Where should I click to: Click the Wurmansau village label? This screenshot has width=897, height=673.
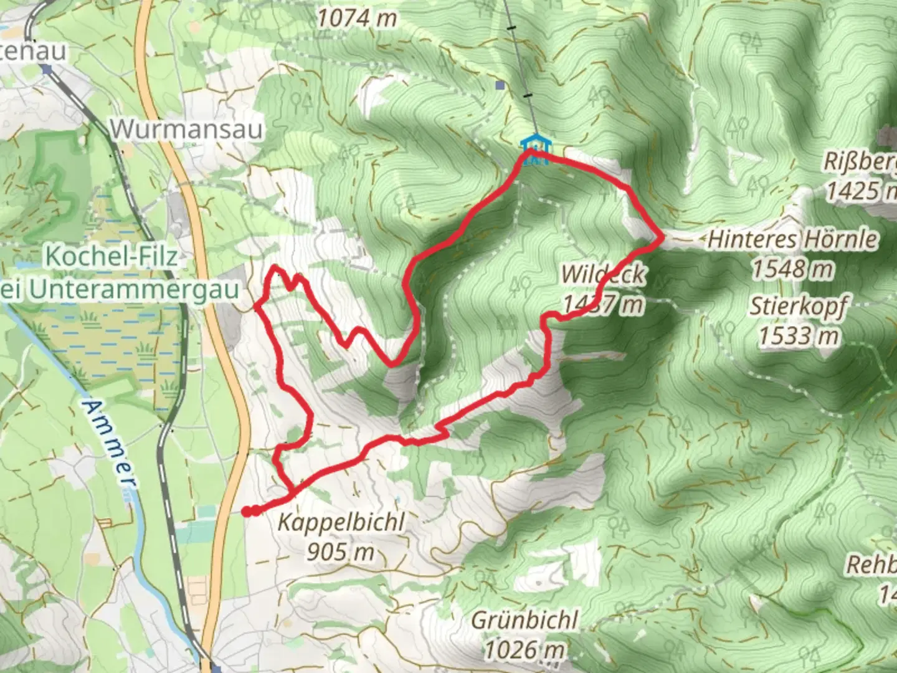(x=186, y=130)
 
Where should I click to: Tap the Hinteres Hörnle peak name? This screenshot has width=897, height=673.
(x=793, y=239)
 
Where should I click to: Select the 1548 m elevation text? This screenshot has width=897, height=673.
(x=792, y=269)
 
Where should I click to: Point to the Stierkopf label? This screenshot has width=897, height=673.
(x=799, y=307)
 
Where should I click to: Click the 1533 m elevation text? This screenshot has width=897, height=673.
(x=799, y=336)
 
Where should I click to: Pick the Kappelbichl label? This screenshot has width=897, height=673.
(x=341, y=522)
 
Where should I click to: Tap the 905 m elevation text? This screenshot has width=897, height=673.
(x=340, y=551)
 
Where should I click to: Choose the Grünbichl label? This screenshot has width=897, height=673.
(x=524, y=621)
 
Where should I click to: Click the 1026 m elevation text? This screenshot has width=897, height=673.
(x=524, y=650)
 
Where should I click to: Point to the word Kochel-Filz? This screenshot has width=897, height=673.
(x=111, y=256)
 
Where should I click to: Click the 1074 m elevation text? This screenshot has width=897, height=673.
(x=357, y=19)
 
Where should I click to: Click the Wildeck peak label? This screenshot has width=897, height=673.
(x=602, y=274)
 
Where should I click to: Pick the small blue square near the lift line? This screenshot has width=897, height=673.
(x=500, y=85)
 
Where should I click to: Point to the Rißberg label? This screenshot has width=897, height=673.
(x=860, y=161)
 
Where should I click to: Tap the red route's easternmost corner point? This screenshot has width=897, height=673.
(x=662, y=237)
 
